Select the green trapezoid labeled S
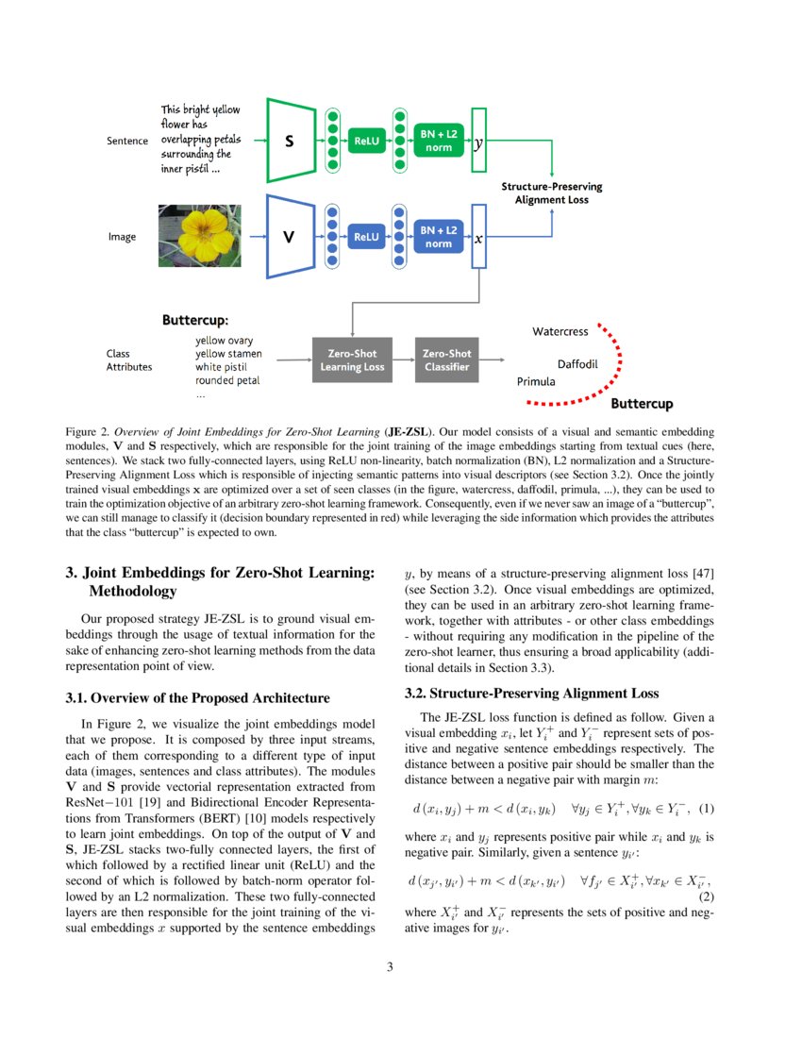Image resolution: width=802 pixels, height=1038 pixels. (x=292, y=141)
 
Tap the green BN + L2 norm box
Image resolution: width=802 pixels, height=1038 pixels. (x=439, y=142)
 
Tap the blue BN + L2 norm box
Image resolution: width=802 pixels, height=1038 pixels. (x=439, y=237)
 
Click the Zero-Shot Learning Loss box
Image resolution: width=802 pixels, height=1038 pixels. (x=352, y=360)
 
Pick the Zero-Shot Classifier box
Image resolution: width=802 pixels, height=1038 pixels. (x=446, y=360)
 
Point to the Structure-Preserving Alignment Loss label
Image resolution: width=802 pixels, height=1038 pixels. (x=551, y=193)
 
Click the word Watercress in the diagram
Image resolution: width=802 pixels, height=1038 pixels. (x=560, y=332)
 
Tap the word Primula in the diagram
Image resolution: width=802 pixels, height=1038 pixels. (x=536, y=382)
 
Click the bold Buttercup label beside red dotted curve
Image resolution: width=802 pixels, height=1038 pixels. (x=642, y=405)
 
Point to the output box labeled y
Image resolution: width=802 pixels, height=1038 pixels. (x=478, y=142)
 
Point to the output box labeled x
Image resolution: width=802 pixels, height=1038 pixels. (x=478, y=238)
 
